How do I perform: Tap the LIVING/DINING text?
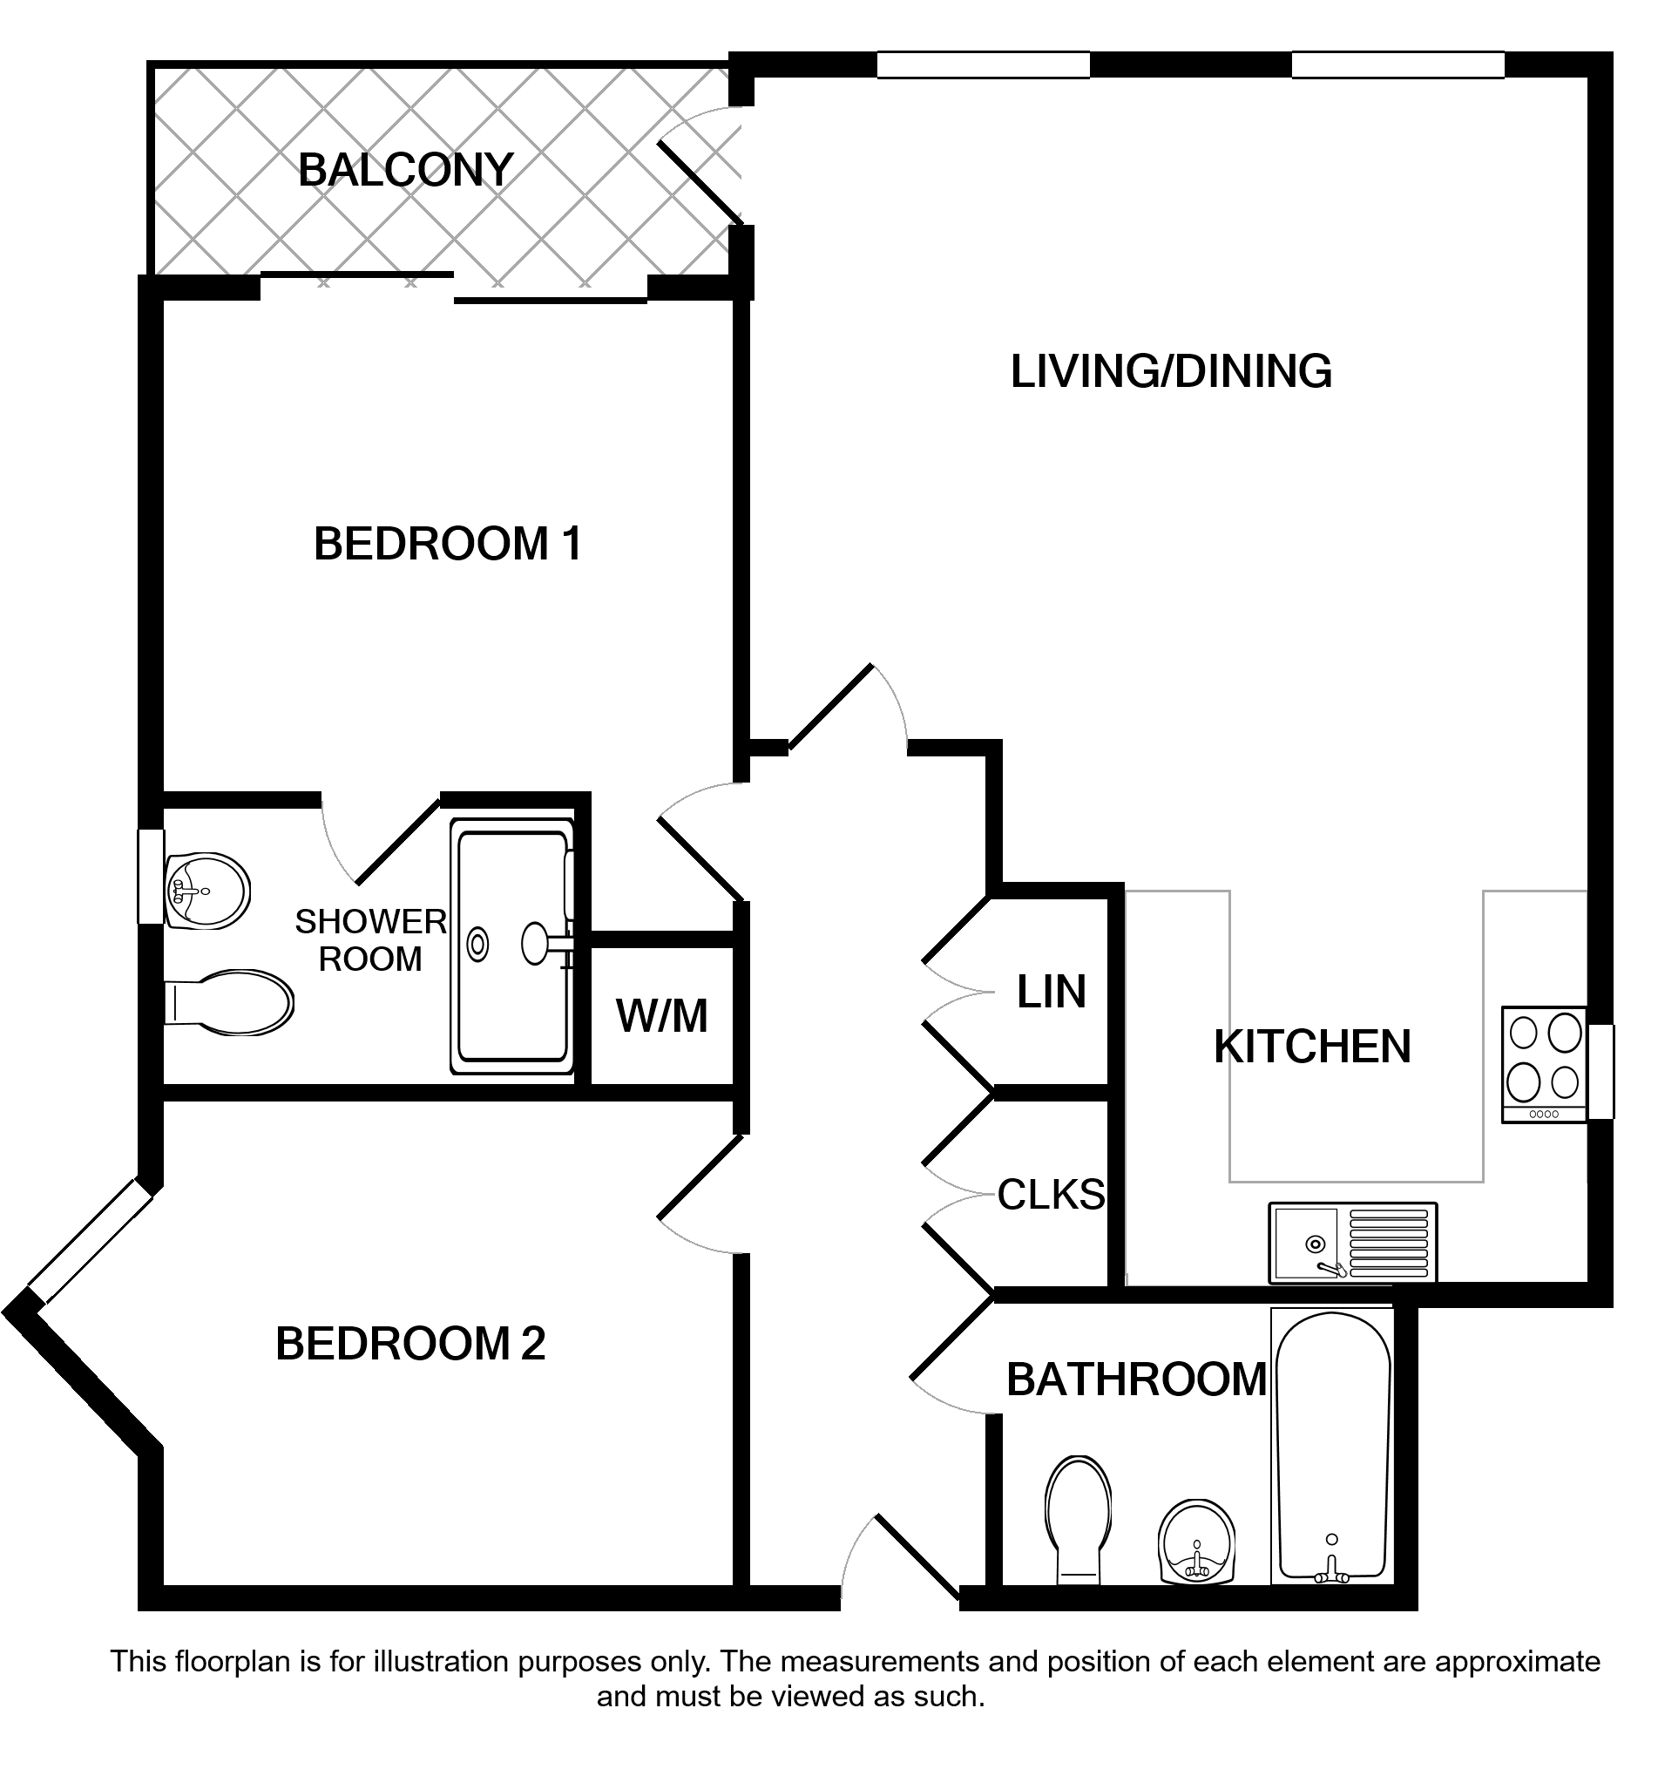1170,371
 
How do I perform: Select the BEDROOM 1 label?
448,543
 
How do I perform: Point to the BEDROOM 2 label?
410,1344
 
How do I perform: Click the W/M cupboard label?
662,1016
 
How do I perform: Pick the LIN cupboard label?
1052,992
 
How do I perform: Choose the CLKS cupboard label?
1052,1195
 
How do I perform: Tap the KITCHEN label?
1312,1047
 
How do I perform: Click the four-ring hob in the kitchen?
1545,1064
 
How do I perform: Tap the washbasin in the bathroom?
1196,1541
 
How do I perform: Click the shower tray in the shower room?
513,946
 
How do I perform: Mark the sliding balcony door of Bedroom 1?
454,288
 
